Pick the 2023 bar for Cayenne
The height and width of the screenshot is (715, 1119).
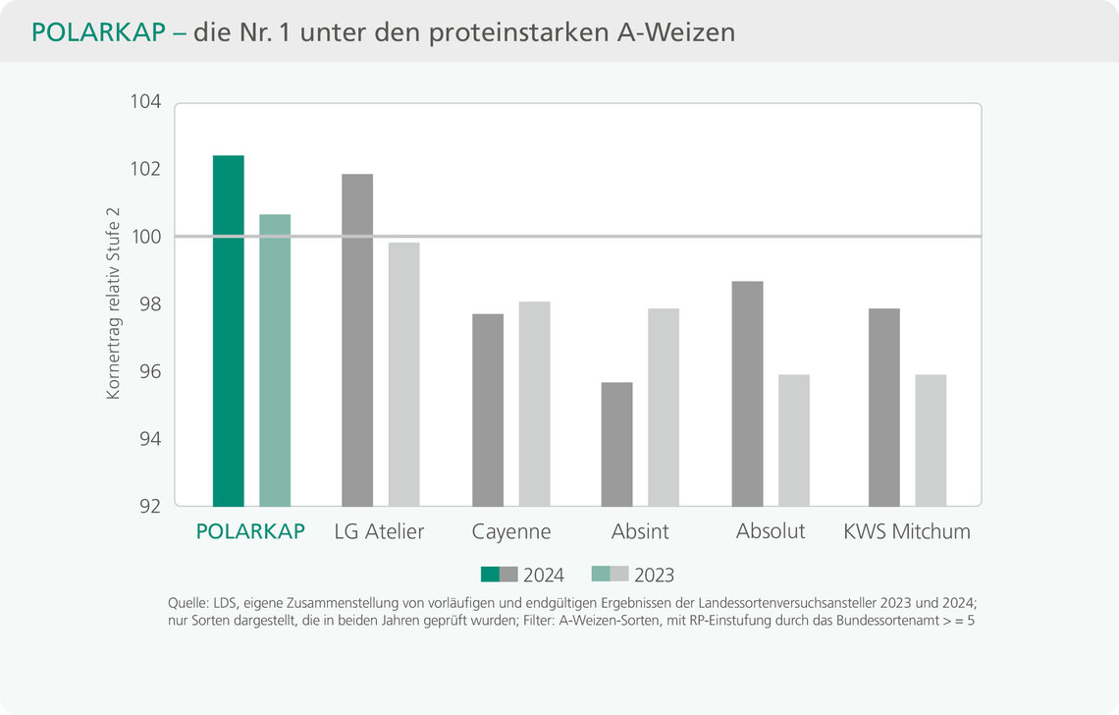[x=534, y=404]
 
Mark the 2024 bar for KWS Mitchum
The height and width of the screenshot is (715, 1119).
[x=883, y=408]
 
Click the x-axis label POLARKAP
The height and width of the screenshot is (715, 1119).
[x=250, y=532]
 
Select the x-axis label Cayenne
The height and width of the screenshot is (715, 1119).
[x=510, y=532]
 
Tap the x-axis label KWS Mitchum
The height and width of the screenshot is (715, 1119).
[x=907, y=532]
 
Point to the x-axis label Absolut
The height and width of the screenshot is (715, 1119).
[x=771, y=531]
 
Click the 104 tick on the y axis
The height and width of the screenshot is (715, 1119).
[x=145, y=102]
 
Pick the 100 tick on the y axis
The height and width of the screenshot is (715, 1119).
[x=145, y=237]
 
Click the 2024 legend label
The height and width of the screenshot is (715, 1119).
[x=543, y=576]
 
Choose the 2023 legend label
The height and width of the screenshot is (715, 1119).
[x=654, y=576]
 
